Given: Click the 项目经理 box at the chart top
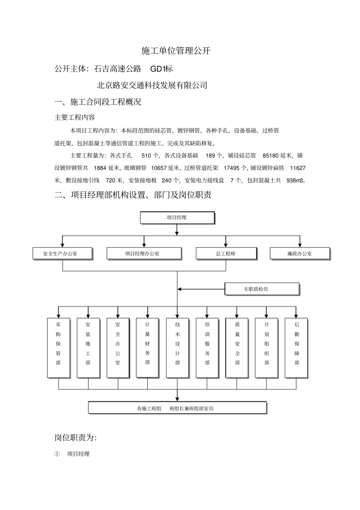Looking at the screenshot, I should coord(177,218).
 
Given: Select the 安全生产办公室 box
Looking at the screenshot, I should coord(63,254).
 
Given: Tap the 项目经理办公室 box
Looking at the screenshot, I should coord(144,254).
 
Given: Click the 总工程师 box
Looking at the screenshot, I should coord(226,254).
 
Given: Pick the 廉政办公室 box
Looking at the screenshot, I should coord(299,254).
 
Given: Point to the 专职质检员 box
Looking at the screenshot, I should coord(262,289).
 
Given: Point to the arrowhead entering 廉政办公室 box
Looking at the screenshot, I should coord(300,245).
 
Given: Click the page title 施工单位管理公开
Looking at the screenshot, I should coord(176,51).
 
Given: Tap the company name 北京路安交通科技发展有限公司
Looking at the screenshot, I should coord(152,85).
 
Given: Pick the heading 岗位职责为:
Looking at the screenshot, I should coord(75,438).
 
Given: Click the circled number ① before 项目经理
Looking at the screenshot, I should coord(57,454).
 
